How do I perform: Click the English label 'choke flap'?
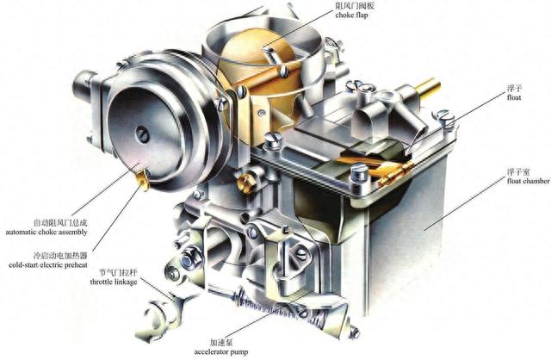coord(351,16)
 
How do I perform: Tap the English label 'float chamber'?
coord(529,181)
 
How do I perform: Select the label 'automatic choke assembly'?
coord(46,232)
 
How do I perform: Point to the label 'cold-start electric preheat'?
coord(48,264)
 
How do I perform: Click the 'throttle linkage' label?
coord(114,282)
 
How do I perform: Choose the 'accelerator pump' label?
coord(221,351)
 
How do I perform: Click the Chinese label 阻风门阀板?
coord(354,6)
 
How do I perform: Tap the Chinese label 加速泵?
coord(221,342)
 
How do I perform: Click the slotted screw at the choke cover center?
coord(142,134)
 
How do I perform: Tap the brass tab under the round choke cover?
coord(143,180)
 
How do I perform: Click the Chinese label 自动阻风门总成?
coord(60,223)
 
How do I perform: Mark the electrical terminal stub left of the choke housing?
coord(84,87)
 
